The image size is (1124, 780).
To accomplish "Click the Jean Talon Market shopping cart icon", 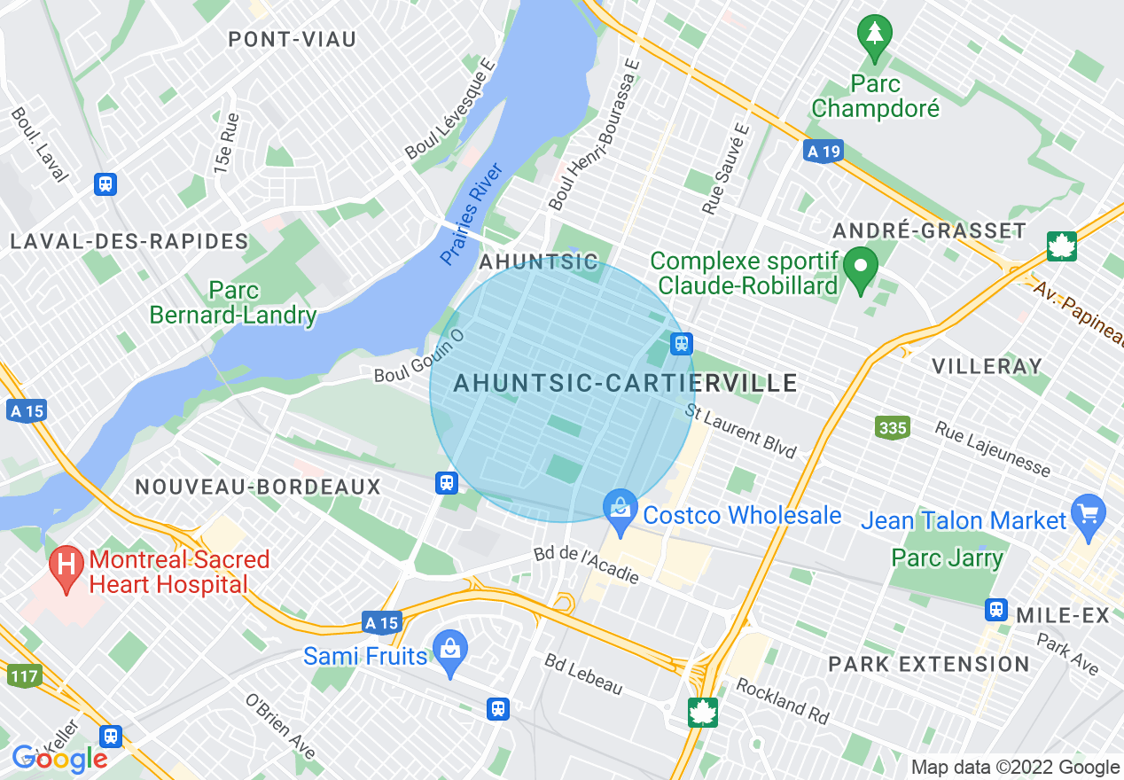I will pos(1089,513).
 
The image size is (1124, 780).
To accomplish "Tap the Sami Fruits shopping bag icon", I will pos(450,650).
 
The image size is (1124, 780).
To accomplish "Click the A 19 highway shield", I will pos(823,152).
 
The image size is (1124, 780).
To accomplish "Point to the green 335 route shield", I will pos(892,428).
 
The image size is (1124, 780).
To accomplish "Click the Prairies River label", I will pos(472,214).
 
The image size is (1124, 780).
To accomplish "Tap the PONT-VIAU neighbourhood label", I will pos(292,39).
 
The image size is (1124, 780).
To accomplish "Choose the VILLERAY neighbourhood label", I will pos(987,366).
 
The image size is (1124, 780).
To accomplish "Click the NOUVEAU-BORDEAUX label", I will pos(258,487).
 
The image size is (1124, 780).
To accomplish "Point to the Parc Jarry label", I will pos(947,558).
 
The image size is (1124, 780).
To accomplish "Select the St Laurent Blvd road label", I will pos(741,432).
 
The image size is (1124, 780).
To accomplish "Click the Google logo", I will pos(59,759).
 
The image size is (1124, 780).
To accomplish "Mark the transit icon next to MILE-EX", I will pos(996,610).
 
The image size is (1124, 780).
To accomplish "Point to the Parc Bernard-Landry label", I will pos(233,303).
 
